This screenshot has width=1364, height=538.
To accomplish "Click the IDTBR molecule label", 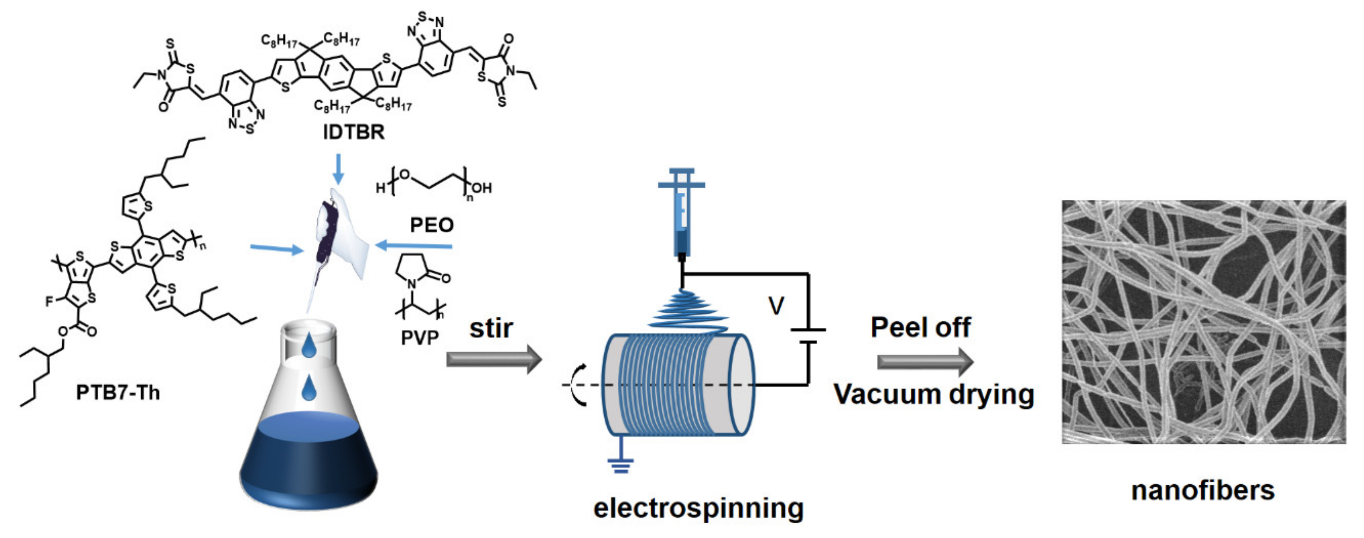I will [354, 132].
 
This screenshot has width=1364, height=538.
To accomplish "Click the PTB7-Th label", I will [118, 392].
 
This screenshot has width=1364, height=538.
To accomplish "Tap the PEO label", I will [432, 225].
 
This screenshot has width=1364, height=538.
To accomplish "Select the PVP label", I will [419, 337].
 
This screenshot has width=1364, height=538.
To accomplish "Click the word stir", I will [491, 328].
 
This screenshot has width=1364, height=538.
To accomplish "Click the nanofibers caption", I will [1203, 490].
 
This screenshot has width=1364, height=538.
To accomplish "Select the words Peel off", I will [920, 327].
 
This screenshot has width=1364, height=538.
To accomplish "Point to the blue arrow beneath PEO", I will [413, 246].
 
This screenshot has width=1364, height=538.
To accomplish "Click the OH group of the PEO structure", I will [481, 188].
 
